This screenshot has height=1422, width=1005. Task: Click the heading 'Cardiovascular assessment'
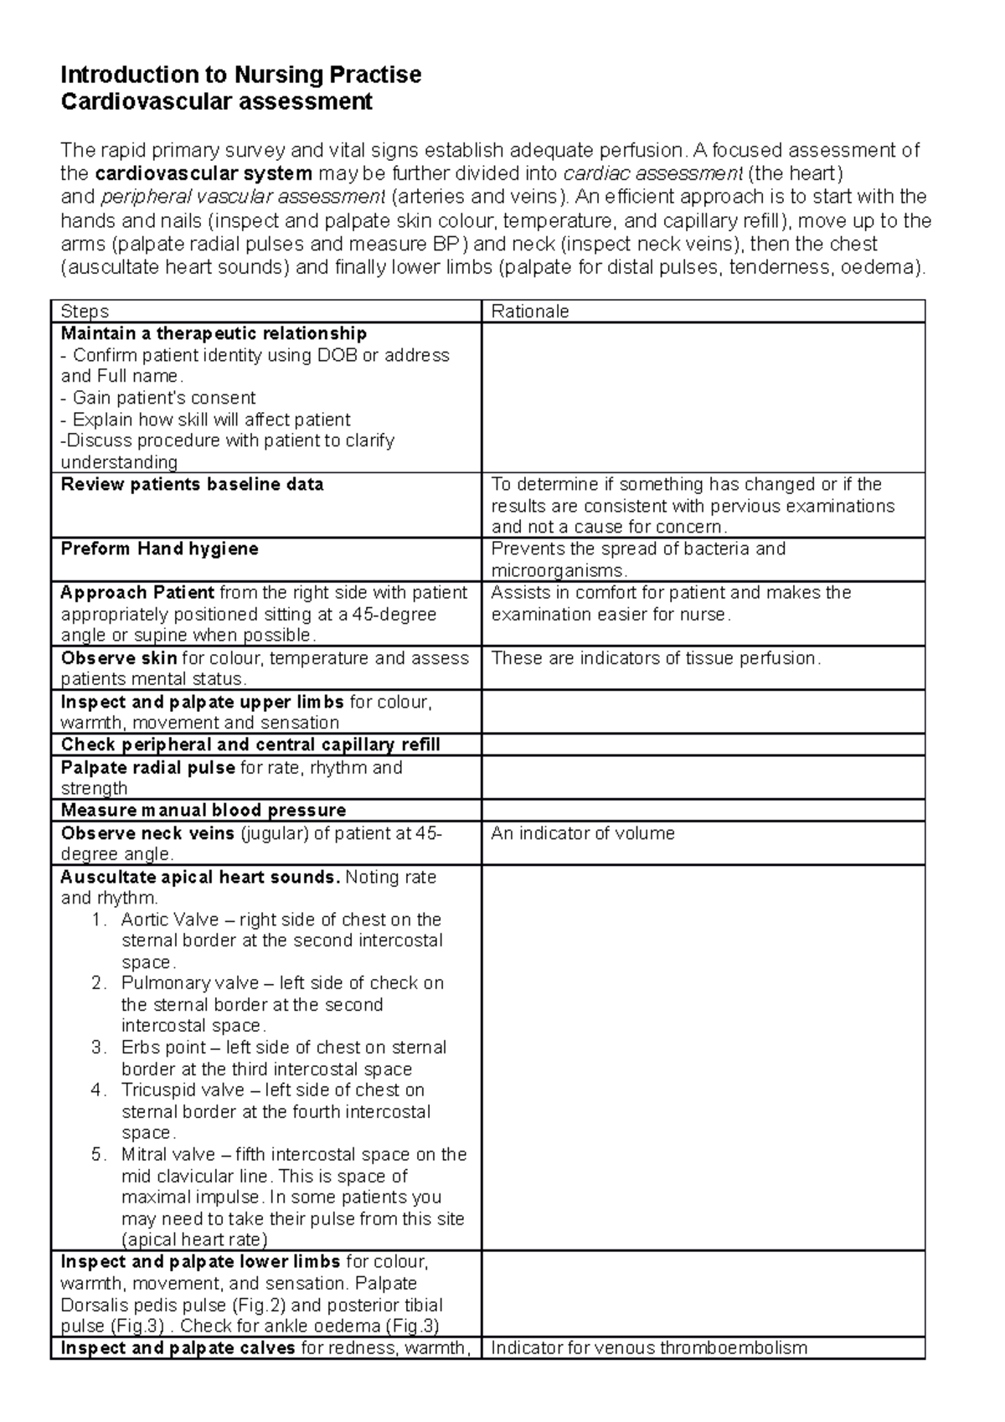[x=216, y=102]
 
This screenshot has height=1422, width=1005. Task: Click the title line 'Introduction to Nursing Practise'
[x=240, y=75]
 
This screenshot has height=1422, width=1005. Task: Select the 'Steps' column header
[x=85, y=312]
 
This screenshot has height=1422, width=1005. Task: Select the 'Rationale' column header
[x=529, y=312]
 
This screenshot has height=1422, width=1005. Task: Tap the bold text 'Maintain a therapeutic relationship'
[x=214, y=333]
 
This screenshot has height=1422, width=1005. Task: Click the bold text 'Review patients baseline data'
[x=192, y=484]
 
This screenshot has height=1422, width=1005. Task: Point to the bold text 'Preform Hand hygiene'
[x=159, y=549]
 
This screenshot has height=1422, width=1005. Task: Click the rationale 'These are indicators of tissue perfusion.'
[x=656, y=658]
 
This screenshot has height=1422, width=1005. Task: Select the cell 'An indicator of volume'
[x=582, y=833]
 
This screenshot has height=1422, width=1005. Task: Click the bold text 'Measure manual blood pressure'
[x=204, y=810]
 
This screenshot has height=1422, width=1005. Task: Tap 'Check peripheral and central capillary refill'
[x=250, y=744]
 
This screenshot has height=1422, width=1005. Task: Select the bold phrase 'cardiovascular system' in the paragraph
[x=204, y=173]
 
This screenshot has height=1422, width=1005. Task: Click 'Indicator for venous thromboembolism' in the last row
[x=648, y=1348]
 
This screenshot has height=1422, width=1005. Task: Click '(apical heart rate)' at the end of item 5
[x=194, y=1240]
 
